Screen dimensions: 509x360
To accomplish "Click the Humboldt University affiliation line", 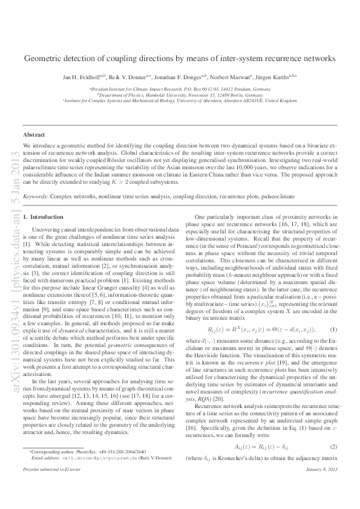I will (x=180, y=95).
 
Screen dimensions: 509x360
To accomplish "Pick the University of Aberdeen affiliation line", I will (x=180, y=101).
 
